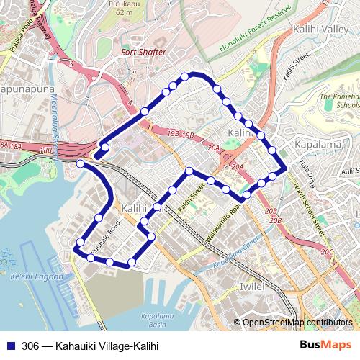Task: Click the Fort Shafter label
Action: click(144, 53)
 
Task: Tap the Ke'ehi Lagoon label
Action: click(37, 276)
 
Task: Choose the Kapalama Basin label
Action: click(153, 320)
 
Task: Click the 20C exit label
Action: click(326, 252)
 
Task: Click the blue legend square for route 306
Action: click(9, 346)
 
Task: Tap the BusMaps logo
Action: click(324, 345)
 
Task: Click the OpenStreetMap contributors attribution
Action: click(297, 322)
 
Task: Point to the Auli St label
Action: click(350, 171)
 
